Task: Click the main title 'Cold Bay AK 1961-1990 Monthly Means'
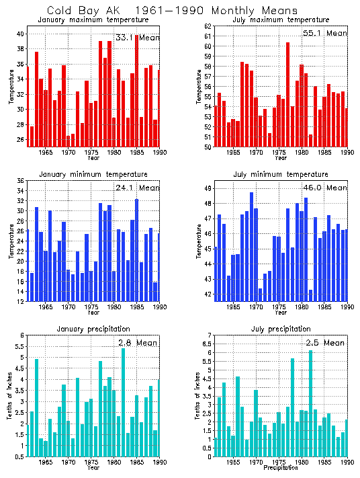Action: tap(173, 10)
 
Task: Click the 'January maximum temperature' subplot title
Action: tap(93, 20)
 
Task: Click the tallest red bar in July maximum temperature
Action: tap(287, 94)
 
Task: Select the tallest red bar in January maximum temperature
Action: tap(137, 87)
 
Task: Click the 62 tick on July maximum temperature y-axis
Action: tap(208, 26)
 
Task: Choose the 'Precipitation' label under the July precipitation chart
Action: tap(281, 467)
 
